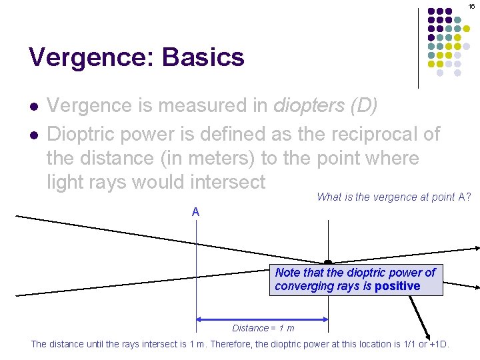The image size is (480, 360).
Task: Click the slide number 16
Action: tap(471, 6)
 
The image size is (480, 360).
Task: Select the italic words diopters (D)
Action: tap(325, 106)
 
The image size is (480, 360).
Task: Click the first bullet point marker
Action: tap(33, 107)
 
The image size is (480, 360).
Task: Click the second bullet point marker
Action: tap(33, 135)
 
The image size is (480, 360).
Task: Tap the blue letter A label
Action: tap(195, 212)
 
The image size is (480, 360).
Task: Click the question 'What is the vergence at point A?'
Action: tap(393, 197)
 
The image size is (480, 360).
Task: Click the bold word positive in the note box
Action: tap(397, 286)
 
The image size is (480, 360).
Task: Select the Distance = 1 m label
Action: tap(263, 328)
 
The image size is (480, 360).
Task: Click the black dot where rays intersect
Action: tap(328, 263)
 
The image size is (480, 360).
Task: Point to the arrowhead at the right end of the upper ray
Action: tap(476, 248)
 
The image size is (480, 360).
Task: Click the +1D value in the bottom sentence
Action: tap(437, 344)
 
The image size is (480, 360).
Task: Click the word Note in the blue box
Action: tap(287, 273)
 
